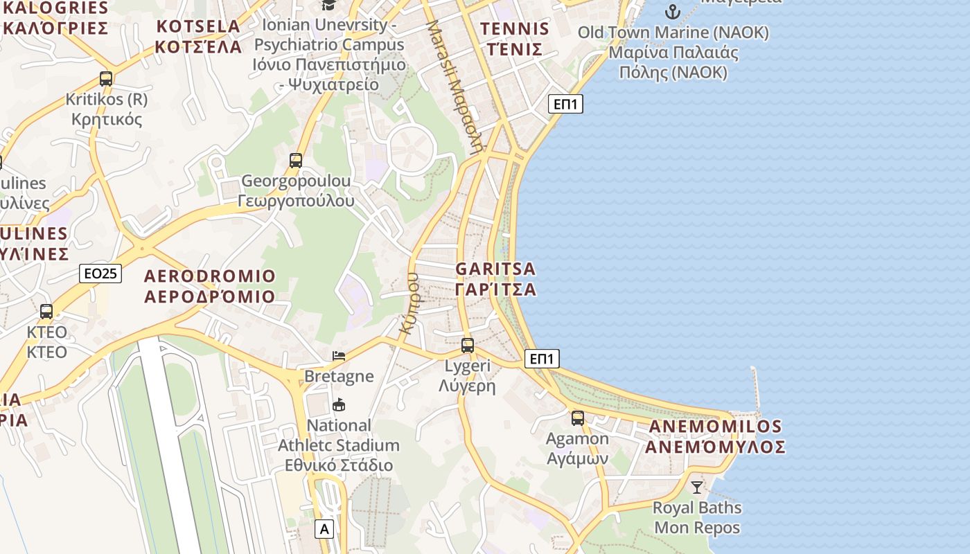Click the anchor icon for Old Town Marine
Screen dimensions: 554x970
[x=672, y=12]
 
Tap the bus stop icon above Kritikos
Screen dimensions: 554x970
[x=106, y=79]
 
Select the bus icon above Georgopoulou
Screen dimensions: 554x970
[x=296, y=161]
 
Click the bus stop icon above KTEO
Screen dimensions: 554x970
[x=46, y=312]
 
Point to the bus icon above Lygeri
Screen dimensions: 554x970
[x=468, y=345]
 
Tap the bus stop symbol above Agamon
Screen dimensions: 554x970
[x=578, y=418]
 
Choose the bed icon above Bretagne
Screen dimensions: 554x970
[x=339, y=356]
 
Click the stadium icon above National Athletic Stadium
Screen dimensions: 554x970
[x=339, y=404]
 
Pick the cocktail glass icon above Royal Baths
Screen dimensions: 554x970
[x=697, y=487]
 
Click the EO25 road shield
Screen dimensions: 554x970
[x=100, y=274]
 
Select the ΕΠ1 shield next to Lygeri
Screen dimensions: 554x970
[x=542, y=359]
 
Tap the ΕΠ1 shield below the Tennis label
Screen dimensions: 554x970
[x=566, y=105]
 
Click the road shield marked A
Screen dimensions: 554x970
[x=324, y=529]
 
